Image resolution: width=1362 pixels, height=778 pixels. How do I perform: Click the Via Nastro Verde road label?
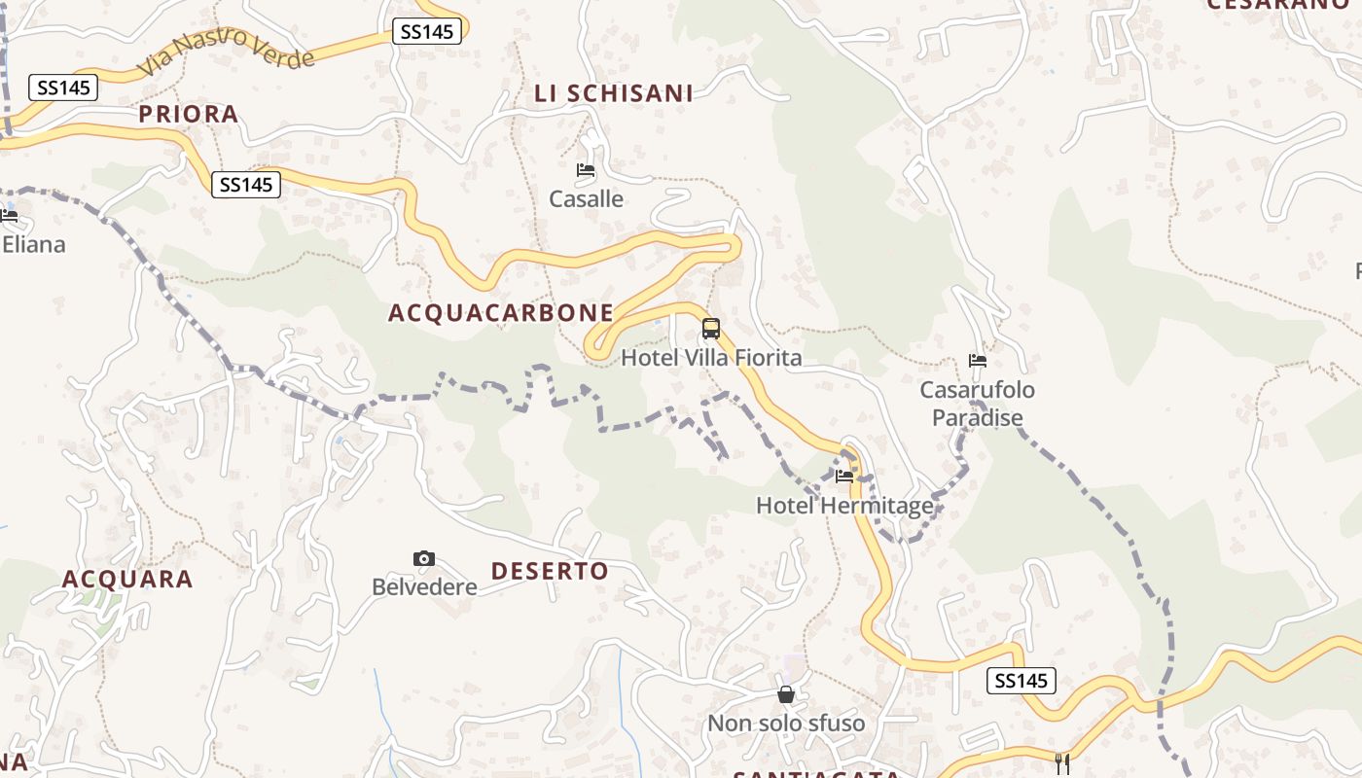[227, 54]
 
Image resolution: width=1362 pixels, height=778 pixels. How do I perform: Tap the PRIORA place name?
[189, 114]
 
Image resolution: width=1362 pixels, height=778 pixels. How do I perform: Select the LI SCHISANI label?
[614, 93]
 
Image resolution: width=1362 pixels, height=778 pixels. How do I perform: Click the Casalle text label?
[586, 199]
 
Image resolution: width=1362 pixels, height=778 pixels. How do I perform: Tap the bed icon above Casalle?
[586, 170]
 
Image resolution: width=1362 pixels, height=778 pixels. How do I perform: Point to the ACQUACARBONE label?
[501, 313]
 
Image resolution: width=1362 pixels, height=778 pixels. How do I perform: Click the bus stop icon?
[711, 329]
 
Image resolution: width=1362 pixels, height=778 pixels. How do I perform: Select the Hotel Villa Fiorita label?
[711, 358]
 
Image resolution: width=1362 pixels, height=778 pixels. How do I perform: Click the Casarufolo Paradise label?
[978, 404]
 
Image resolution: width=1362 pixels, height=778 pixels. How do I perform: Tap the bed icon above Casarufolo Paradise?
[978, 361]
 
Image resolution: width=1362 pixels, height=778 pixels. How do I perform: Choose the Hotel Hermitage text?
[844, 506]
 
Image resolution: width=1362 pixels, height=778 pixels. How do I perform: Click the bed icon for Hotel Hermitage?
[844, 477]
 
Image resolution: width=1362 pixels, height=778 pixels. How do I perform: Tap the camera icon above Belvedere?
[424, 558]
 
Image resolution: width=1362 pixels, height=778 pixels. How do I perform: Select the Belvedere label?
[424, 587]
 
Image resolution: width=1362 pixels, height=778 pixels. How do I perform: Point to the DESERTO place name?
[550, 571]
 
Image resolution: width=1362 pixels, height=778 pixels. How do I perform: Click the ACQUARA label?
[127, 580]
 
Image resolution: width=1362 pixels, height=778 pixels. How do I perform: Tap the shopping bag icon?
[786, 694]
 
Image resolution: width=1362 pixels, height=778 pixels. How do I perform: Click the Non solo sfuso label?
[786, 724]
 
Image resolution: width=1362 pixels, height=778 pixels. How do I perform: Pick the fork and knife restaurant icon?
[1061, 763]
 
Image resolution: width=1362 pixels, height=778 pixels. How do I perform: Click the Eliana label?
[33, 244]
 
